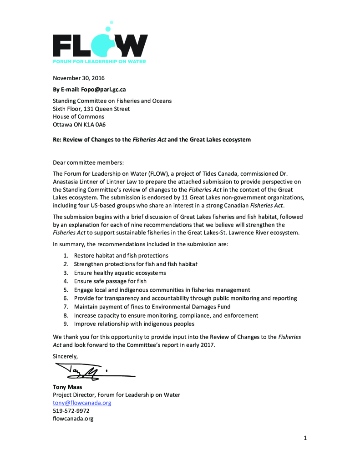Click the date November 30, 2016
[79, 78]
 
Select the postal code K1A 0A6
[97, 125]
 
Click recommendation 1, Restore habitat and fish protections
[121, 256]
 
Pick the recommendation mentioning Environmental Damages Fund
[152, 307]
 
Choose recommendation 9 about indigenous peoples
[134, 324]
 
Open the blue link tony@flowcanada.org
[82, 403]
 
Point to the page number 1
[305, 438]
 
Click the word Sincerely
[66, 356]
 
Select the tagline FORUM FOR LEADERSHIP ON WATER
[99, 61]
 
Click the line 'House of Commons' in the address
[78, 117]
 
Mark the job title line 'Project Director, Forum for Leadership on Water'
[117, 395]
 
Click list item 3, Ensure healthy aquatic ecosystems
[120, 273]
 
